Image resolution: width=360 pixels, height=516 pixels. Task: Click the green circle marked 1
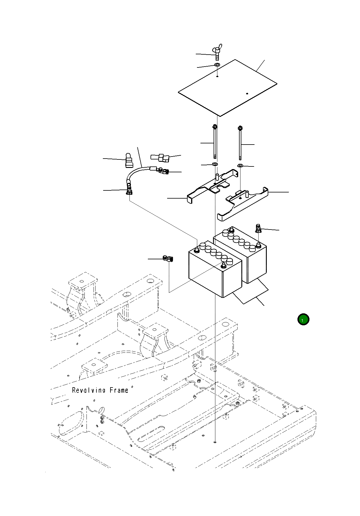[303, 319]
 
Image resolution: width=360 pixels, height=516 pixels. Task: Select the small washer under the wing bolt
[217, 65]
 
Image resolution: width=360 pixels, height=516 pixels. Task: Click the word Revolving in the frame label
[89, 390]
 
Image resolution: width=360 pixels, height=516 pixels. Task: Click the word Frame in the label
[119, 390]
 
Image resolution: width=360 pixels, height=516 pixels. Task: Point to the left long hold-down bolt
[215, 142]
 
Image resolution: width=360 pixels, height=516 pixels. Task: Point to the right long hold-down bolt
[240, 143]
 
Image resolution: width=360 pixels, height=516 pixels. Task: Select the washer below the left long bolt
[215, 164]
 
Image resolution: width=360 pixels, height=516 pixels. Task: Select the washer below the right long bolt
[240, 166]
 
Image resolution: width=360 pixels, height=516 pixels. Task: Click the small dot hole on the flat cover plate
[247, 93]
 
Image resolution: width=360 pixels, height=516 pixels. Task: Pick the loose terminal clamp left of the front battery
[168, 258]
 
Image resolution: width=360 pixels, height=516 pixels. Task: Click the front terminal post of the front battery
[224, 265]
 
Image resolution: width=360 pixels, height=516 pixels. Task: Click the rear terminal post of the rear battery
[232, 230]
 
